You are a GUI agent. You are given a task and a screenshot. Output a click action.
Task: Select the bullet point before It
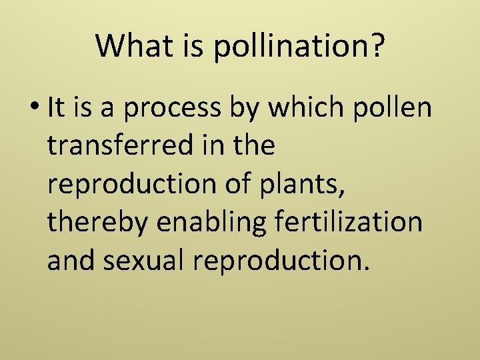[x=36, y=109]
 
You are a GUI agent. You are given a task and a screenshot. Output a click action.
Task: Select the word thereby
[x=97, y=222]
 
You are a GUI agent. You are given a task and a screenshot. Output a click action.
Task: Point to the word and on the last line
[x=70, y=260]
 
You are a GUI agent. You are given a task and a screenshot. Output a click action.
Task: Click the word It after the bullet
[x=57, y=107]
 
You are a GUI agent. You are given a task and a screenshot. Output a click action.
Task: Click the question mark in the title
[x=376, y=46]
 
